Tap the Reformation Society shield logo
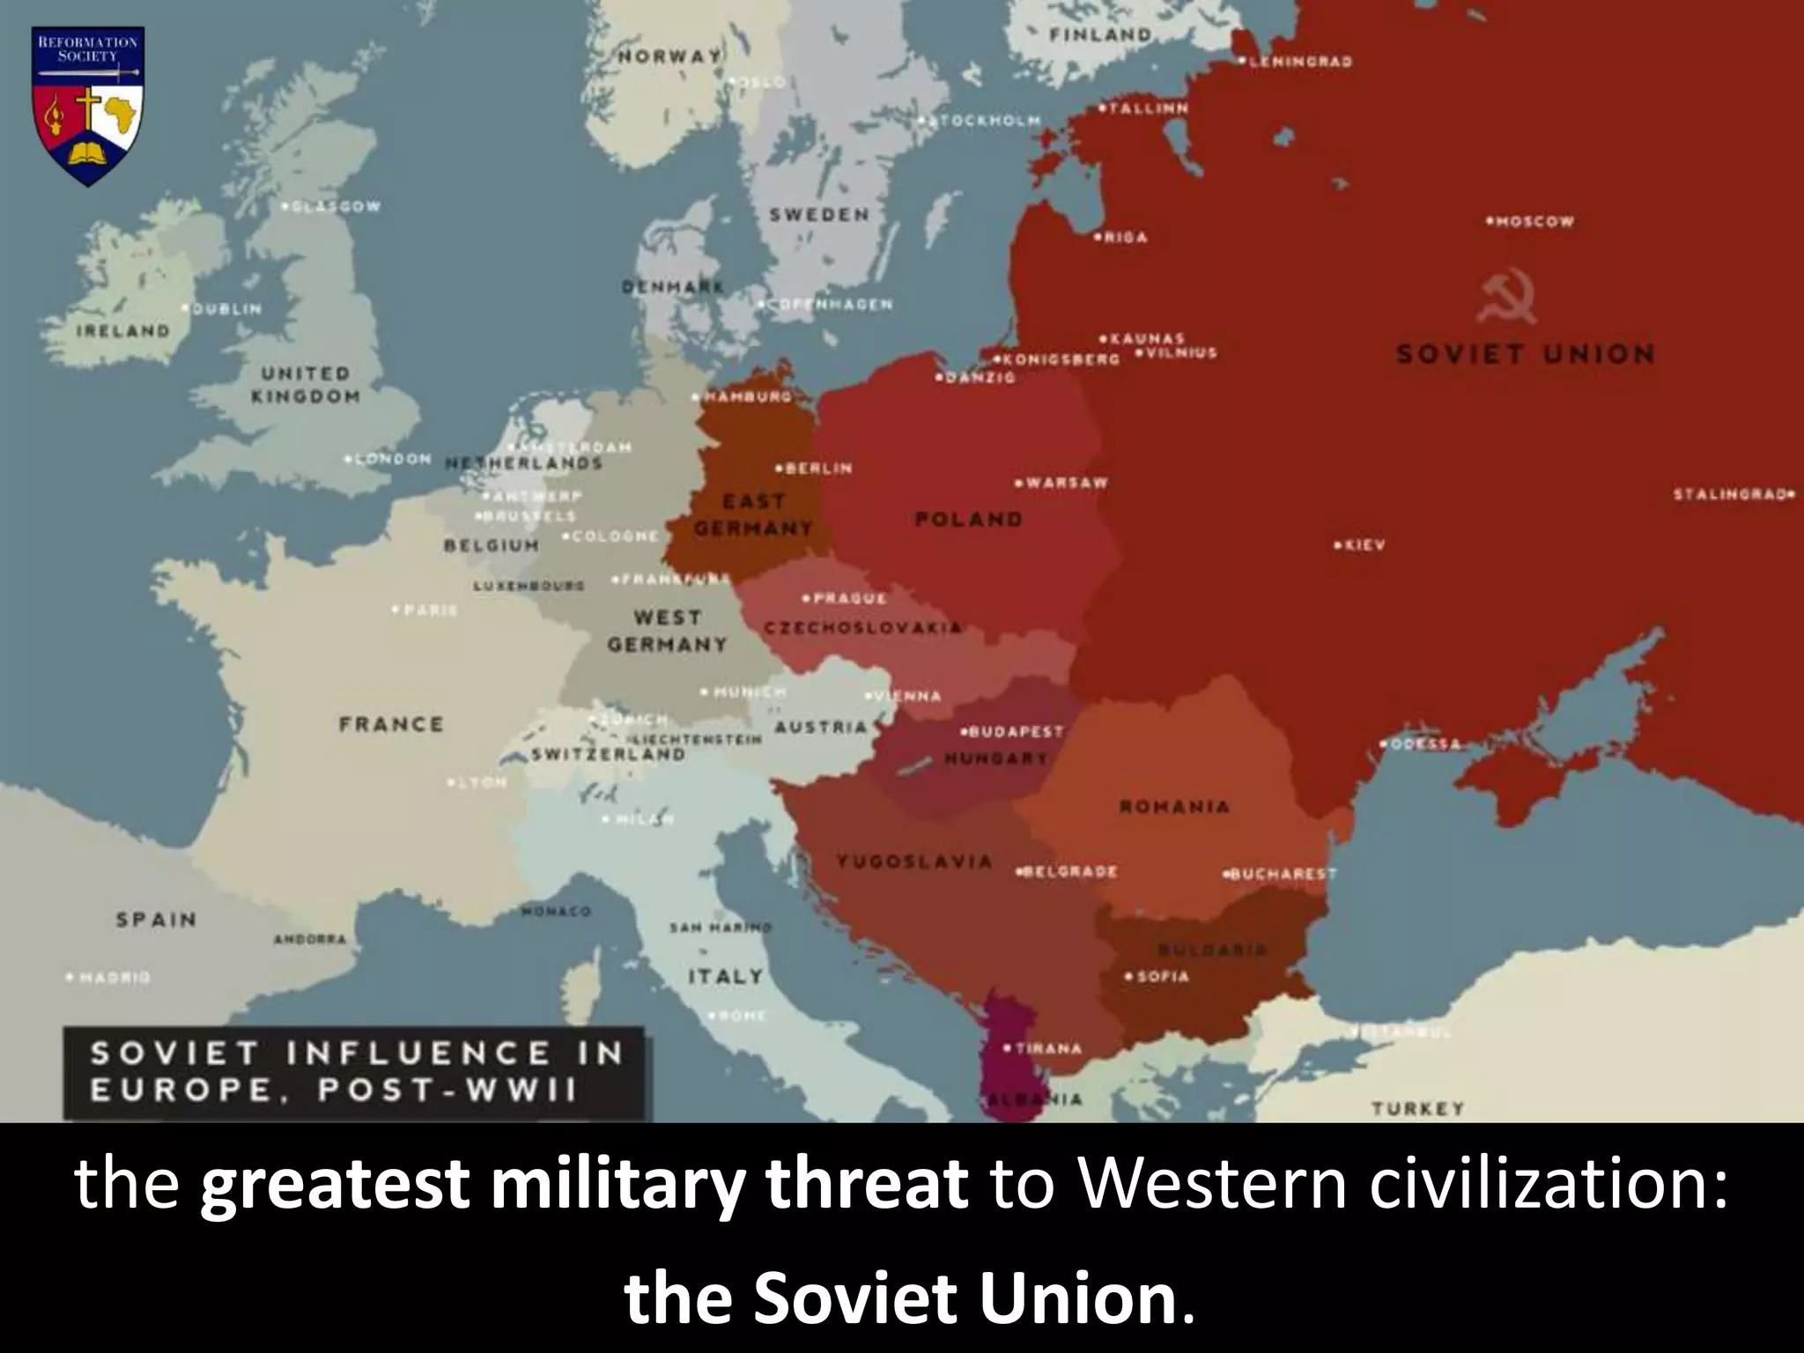pyautogui.click(x=88, y=106)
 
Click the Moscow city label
pyautogui.click(x=1533, y=221)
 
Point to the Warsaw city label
pyautogui.click(x=1063, y=484)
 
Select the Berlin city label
pyautogui.click(x=817, y=468)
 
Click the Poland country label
pyautogui.click(x=969, y=520)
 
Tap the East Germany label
pyautogui.click(x=753, y=514)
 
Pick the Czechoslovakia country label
pyautogui.click(x=863, y=628)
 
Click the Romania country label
pyautogui.click(x=1173, y=806)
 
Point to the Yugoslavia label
pyautogui.click(x=914, y=861)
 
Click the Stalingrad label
pyautogui.click(x=1734, y=494)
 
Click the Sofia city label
pyautogui.click(x=1161, y=976)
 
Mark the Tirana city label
pyautogui.click(x=1046, y=1048)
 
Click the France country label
pyautogui.click(x=391, y=724)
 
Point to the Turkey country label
pyautogui.click(x=1416, y=1108)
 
